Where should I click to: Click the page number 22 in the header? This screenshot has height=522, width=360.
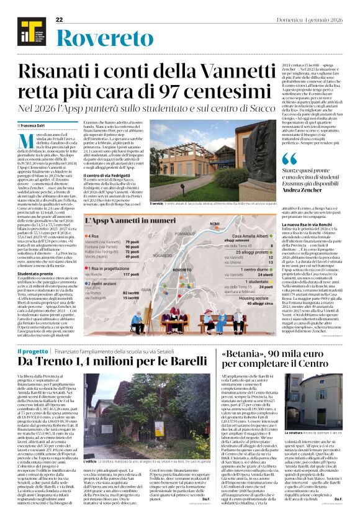coord(60,20)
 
